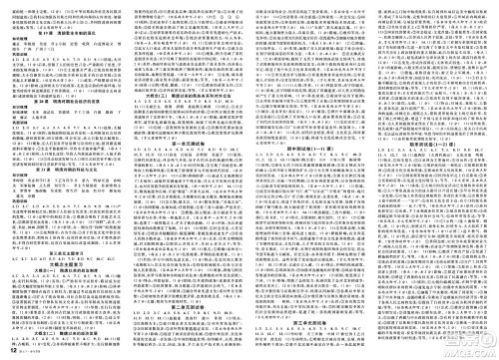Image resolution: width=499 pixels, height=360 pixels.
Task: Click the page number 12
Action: pyautogui.click(x=10, y=352)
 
